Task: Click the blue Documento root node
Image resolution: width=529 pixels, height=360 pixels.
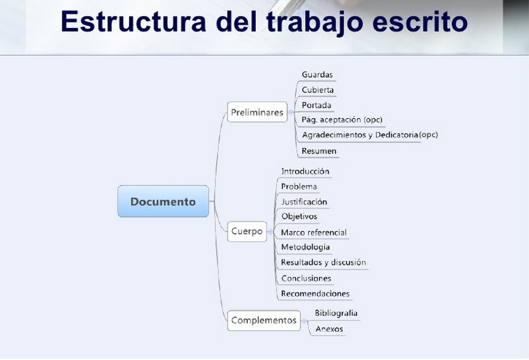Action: [x=163, y=201]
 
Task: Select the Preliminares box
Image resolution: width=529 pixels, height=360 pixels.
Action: [x=257, y=112]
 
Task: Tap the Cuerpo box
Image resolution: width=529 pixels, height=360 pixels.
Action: [x=247, y=231]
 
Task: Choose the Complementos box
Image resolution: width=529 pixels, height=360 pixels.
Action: [x=263, y=320]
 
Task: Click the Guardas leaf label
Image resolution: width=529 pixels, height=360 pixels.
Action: [x=317, y=74]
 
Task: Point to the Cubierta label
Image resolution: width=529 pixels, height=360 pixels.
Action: [x=318, y=90]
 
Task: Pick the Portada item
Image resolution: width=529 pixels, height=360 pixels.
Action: [x=316, y=105]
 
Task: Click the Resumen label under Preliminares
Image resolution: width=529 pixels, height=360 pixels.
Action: [x=319, y=151]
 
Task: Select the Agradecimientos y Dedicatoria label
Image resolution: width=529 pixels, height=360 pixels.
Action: [x=360, y=135]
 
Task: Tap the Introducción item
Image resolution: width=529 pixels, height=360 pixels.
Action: [x=305, y=171]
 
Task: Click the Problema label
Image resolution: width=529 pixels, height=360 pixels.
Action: [x=299, y=187]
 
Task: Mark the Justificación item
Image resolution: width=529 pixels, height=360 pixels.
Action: [x=304, y=202]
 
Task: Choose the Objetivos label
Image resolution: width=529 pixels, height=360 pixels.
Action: [x=299, y=217]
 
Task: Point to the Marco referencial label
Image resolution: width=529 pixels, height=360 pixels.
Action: [x=314, y=232]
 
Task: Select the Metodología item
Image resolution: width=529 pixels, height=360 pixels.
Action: [x=305, y=247]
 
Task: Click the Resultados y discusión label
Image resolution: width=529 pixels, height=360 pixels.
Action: [x=323, y=262]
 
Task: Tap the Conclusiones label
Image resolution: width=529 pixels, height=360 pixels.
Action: [x=306, y=278]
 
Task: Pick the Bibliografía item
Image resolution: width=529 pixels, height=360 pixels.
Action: [x=336, y=313]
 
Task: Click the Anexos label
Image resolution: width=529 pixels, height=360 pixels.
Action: [x=329, y=329]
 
